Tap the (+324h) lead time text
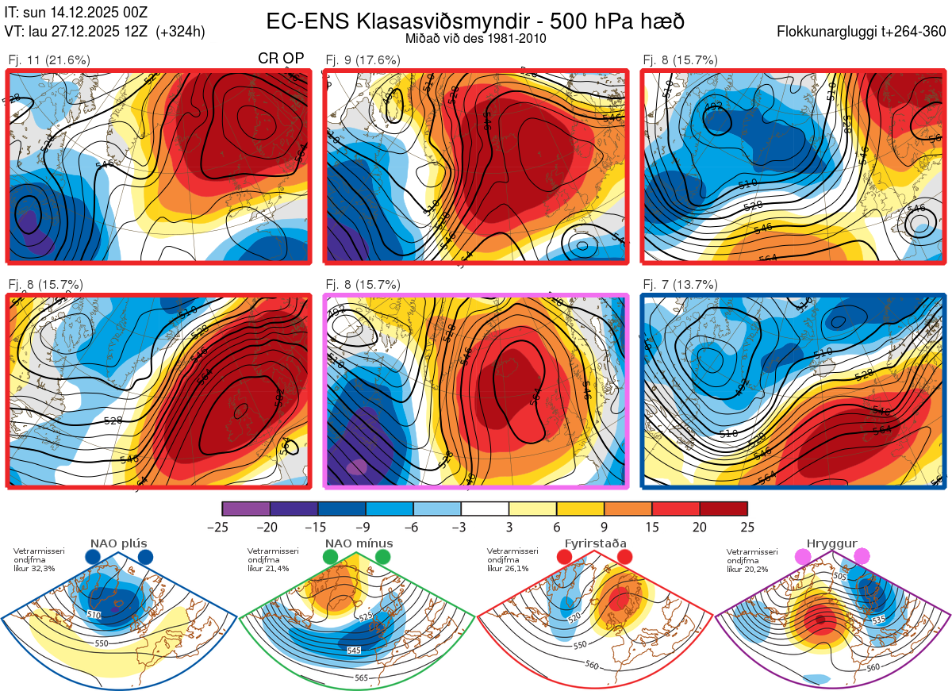[x=181, y=32]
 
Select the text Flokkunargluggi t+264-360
[x=863, y=32]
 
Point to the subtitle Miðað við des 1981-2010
[x=475, y=38]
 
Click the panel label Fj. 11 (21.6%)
[x=49, y=60]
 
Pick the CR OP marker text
[x=282, y=60]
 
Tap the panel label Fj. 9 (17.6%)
[x=363, y=60]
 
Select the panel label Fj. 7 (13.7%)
[x=680, y=285]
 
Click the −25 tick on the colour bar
[x=222, y=527]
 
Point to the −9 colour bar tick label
[x=366, y=527]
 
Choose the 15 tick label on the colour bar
[x=652, y=527]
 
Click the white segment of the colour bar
[x=485, y=509]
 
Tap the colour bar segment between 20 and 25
[x=724, y=509]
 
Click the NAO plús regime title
[x=118, y=543]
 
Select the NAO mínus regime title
[x=359, y=543]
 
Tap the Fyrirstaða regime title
[x=595, y=543]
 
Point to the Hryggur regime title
[x=833, y=543]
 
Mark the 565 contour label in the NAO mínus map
[x=361, y=677]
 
